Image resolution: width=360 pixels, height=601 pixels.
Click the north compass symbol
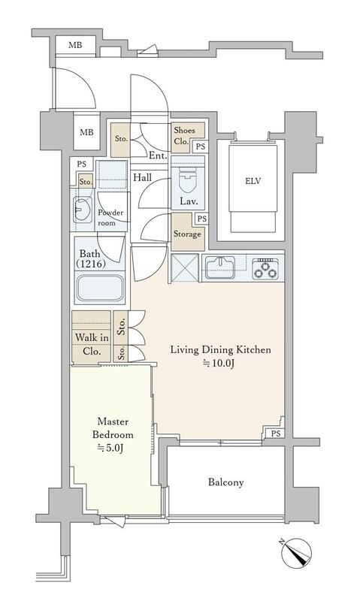tap(296, 553)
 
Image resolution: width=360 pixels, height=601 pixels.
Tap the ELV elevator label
tap(253, 180)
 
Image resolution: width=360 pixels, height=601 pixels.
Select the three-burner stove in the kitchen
tap(267, 268)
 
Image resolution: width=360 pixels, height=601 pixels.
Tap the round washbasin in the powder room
tap(82, 210)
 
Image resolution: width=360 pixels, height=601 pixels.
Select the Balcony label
tap(225, 482)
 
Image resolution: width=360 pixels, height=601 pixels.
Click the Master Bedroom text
tap(113, 428)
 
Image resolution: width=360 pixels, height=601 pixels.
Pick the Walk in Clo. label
tap(92, 344)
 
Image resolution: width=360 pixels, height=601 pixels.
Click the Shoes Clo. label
tap(184, 136)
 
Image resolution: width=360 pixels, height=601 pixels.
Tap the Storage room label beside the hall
tap(187, 234)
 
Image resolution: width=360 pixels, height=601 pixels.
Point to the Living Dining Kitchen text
tap(220, 349)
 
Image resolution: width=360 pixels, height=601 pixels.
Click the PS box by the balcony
tap(276, 433)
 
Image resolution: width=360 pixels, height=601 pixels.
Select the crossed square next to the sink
tap(185, 267)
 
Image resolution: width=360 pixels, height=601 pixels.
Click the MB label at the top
tap(75, 45)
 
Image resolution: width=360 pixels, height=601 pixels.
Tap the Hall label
tap(142, 177)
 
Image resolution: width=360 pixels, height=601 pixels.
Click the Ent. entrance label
tap(158, 156)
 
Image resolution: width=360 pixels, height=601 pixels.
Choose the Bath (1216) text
tap(91, 258)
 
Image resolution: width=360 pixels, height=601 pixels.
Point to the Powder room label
tap(110, 217)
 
